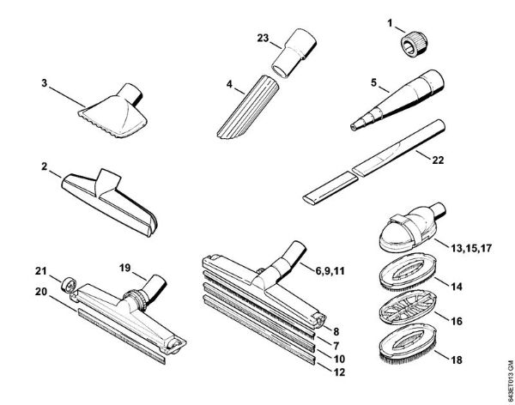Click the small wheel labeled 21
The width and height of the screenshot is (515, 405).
[66, 282]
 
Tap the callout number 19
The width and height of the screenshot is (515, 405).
[124, 269]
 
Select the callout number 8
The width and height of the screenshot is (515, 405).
[336, 329]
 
